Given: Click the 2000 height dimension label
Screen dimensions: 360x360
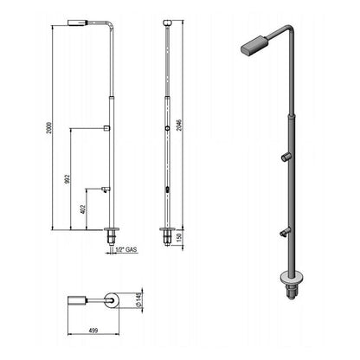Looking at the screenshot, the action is pyautogui.click(x=49, y=128).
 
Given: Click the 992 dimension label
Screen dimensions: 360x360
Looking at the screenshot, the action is pyautogui.click(x=67, y=179).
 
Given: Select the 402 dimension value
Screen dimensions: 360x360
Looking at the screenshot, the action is pyautogui.click(x=83, y=209).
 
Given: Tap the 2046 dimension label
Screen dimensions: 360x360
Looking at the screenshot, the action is pyautogui.click(x=179, y=125).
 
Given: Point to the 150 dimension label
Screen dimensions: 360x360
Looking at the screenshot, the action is pyautogui.click(x=179, y=237).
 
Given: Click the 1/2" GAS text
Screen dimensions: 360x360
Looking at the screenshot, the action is pyautogui.click(x=126, y=250).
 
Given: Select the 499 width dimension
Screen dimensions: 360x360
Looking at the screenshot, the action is pyautogui.click(x=93, y=331).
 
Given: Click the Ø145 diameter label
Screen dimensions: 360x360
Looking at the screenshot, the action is pyautogui.click(x=139, y=300).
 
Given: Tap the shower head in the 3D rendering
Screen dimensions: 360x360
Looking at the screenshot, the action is pyautogui.click(x=254, y=45).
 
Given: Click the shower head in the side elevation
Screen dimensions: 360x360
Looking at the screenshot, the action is pyautogui.click(x=77, y=22).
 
